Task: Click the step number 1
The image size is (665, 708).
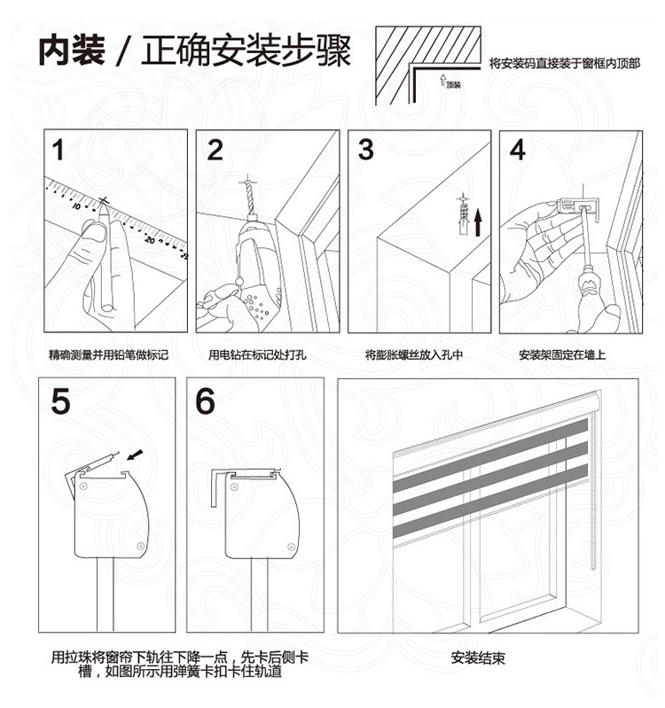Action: (58, 151)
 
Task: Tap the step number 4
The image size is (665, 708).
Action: (518, 151)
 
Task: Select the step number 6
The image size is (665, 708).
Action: (205, 401)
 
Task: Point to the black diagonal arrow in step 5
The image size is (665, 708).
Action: (135, 455)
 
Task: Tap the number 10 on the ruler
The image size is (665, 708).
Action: (75, 206)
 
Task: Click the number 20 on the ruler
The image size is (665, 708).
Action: (150, 240)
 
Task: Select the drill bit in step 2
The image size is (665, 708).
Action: (247, 197)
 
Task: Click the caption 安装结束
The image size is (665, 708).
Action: (478, 657)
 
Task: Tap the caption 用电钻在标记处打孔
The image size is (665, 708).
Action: (257, 354)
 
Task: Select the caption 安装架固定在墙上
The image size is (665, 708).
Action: (562, 354)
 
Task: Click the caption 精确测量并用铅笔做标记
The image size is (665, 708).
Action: (108, 354)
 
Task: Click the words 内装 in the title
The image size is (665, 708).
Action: (72, 50)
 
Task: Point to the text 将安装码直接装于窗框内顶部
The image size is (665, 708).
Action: (565, 64)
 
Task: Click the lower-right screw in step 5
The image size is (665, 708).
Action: (140, 546)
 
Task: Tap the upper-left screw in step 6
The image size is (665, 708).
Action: (234, 486)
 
